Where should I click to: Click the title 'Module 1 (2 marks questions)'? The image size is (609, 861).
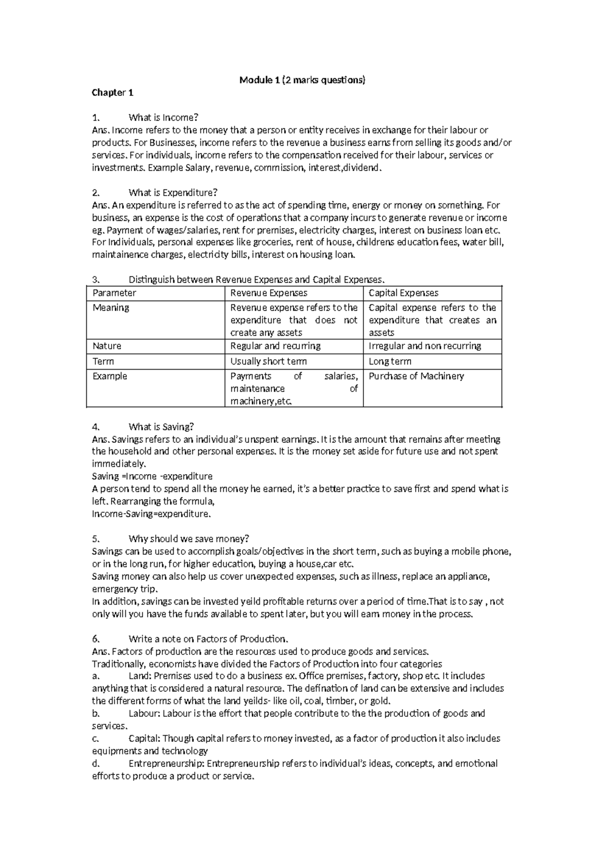pos(302,80)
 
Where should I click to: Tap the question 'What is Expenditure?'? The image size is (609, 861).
pos(173,192)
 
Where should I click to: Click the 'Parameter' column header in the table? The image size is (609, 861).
pos(114,293)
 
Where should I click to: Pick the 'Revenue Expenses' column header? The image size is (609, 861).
pos(268,293)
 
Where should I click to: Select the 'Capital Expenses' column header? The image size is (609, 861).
pos(403,293)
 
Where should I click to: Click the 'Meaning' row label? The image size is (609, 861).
pos(111,308)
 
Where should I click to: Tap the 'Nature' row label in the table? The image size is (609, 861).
pos(107,346)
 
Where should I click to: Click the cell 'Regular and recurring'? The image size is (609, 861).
pos(275,346)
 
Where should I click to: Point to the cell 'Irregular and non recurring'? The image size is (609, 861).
pos(424,346)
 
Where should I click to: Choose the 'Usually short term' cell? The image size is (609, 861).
pos(268,361)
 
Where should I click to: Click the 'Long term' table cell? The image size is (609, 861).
pos(390,361)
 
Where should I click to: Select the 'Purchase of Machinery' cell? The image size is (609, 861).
pos(416,376)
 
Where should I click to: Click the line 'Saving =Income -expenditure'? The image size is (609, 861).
pos(152,477)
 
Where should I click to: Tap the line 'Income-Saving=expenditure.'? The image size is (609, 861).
pos(151,514)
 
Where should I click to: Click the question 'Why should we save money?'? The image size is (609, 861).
pos(189,539)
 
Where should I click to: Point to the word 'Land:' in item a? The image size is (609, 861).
pos(140,676)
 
